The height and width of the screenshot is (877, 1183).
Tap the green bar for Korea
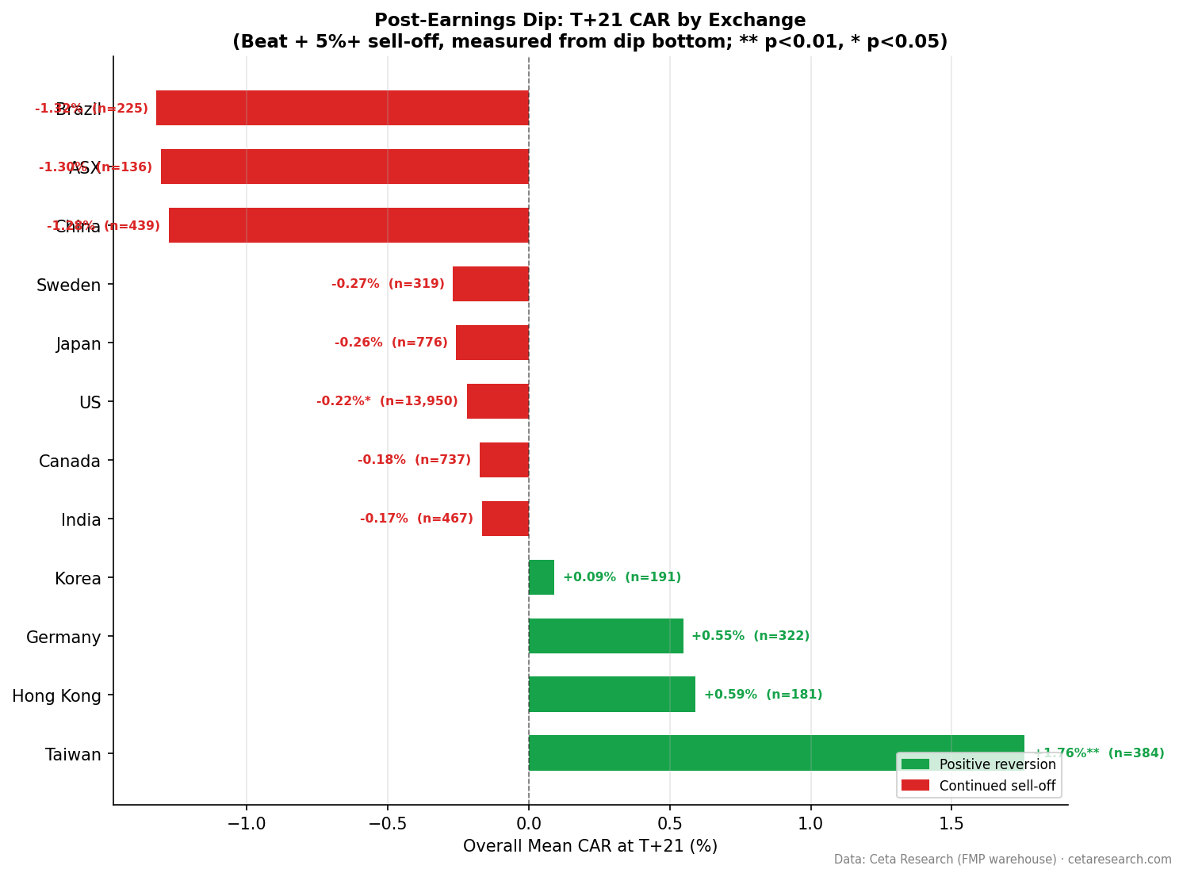[x=542, y=577]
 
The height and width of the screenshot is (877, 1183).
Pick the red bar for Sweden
[x=491, y=284]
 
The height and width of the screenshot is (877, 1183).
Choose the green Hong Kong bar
[x=612, y=694]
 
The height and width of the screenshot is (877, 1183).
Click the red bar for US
[x=498, y=401]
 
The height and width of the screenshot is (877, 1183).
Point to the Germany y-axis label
[x=63, y=637]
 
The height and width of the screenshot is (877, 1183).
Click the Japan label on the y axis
[x=78, y=343]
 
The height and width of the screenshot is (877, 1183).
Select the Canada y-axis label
[x=70, y=461]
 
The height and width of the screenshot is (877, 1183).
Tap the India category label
[x=81, y=520]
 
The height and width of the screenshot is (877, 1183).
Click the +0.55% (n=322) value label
[x=750, y=636]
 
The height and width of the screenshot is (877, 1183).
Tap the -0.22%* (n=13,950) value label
[x=387, y=401]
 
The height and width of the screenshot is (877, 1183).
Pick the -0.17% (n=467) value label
[x=416, y=519]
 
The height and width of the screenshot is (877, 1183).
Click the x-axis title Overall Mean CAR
[x=590, y=846]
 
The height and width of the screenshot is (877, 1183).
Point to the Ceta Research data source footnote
[x=1002, y=860]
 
